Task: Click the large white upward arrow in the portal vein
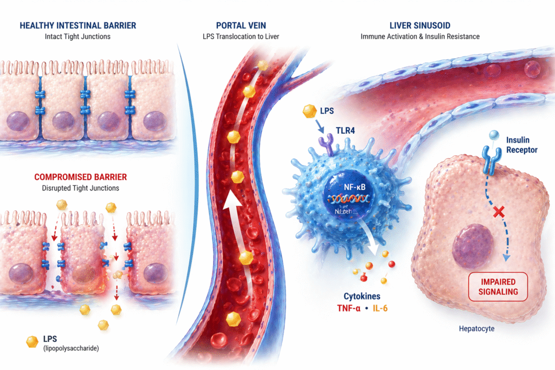click(x=233, y=217)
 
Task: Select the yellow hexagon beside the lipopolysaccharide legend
click(x=31, y=342)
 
